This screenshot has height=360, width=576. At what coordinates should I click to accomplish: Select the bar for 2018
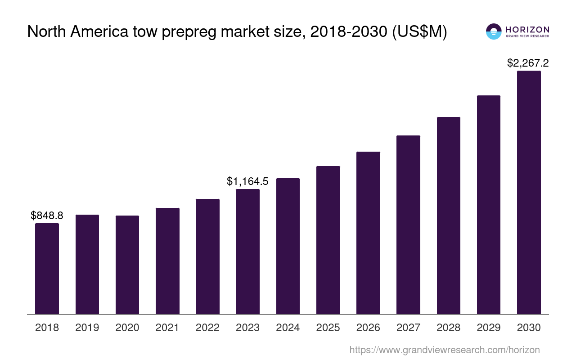pos(47,269)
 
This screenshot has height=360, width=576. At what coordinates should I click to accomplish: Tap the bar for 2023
pos(247,252)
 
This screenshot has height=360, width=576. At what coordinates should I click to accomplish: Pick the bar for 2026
pos(368,233)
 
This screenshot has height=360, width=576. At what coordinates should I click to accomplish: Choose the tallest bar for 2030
pos(529,192)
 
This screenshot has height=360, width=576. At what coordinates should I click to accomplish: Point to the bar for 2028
pos(449,216)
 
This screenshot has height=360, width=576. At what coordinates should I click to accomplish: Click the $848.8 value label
pos(47,216)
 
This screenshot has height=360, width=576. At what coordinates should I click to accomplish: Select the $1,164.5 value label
pos(247,181)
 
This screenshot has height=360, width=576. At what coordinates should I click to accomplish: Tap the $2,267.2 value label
pos(528,63)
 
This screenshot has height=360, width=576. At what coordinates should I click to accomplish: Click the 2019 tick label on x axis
pos(87,328)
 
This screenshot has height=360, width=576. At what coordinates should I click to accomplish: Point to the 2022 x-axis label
pos(207,328)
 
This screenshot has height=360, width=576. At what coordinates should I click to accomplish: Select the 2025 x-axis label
pos(328,328)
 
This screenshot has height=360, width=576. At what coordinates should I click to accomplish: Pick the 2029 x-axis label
pos(489,328)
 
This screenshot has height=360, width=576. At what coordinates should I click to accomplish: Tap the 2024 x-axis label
pos(288,328)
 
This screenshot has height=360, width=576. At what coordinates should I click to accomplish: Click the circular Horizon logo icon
pos(494,31)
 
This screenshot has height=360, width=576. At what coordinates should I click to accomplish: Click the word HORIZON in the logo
pos(527,29)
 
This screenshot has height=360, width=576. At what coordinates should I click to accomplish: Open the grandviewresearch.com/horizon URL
pos(445,350)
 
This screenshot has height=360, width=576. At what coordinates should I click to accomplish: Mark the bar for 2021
pos(167,261)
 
